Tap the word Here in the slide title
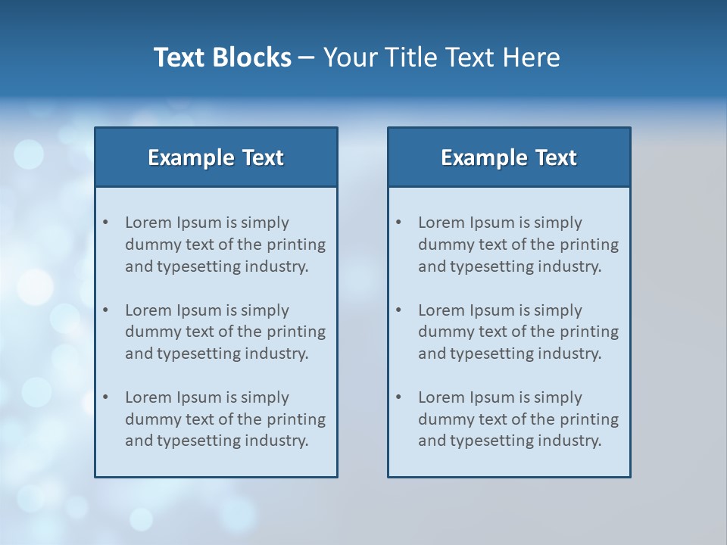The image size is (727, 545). (x=530, y=58)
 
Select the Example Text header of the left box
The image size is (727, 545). (x=216, y=157)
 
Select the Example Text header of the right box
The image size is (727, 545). (x=509, y=157)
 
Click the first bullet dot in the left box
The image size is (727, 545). (x=105, y=223)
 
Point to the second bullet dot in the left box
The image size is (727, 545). (x=105, y=310)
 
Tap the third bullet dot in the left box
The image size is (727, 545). (x=105, y=397)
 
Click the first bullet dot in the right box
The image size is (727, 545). (x=398, y=223)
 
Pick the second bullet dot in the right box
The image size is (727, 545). (x=398, y=310)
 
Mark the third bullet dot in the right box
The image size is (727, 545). (x=398, y=397)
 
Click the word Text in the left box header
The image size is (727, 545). (x=263, y=157)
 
